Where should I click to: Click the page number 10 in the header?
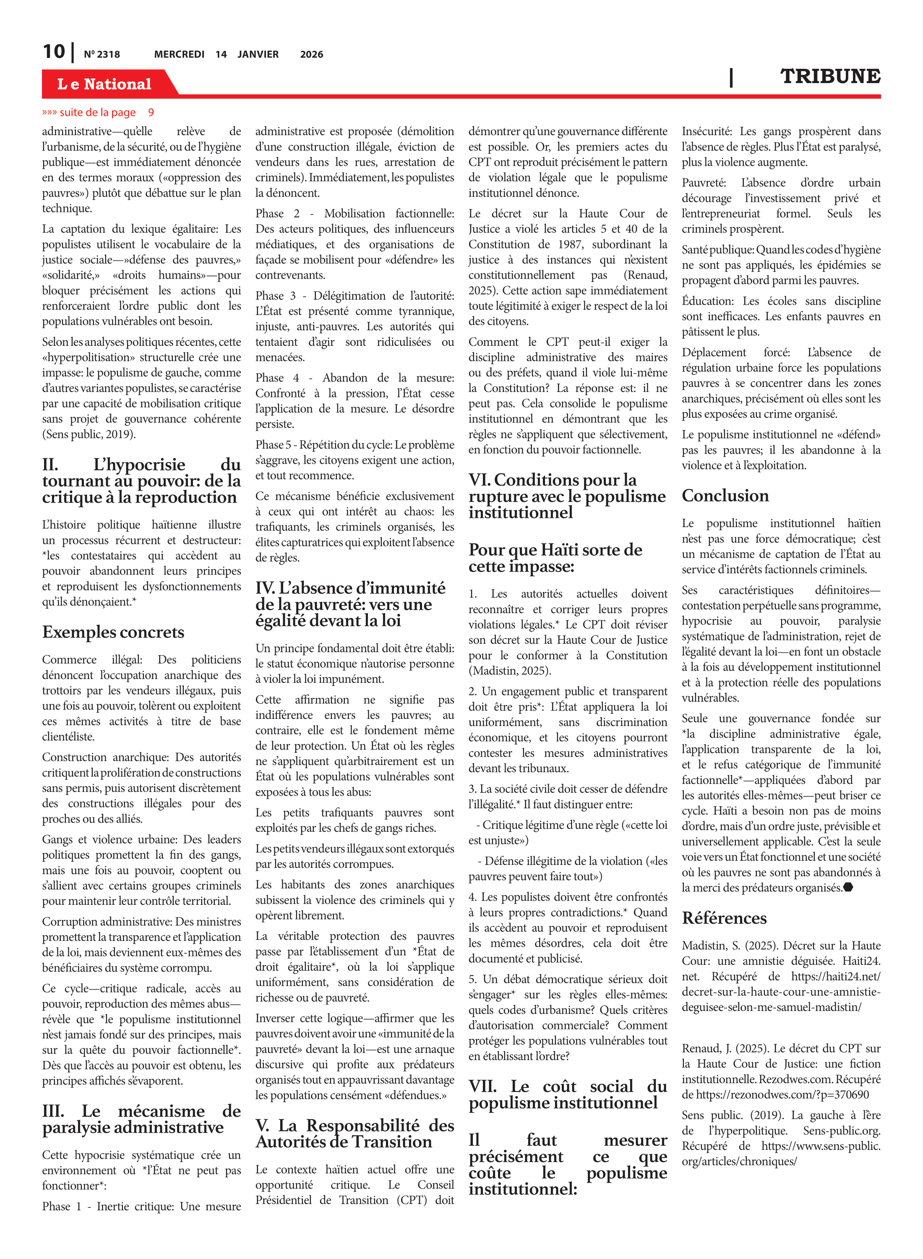click(x=54, y=52)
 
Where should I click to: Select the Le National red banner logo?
click(x=104, y=84)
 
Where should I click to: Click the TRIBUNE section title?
click(x=830, y=76)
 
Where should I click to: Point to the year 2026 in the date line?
click(x=311, y=54)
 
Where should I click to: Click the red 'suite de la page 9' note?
click(x=98, y=112)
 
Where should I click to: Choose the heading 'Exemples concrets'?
click(x=113, y=632)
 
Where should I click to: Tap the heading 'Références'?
click(x=724, y=918)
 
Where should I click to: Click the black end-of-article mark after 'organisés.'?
click(x=848, y=887)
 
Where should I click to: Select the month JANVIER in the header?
click(x=258, y=54)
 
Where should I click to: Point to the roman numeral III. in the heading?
click(x=53, y=1111)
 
